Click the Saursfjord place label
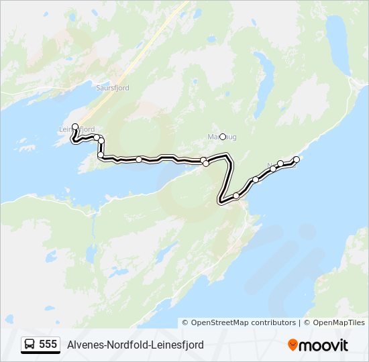click(x=113, y=88)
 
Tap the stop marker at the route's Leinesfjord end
click(x=75, y=126)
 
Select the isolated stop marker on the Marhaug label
click(x=223, y=137)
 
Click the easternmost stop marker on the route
click(x=297, y=160)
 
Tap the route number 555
click(x=48, y=345)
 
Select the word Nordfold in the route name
click(x=124, y=345)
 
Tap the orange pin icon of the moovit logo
click(x=293, y=345)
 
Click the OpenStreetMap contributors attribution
click(x=239, y=322)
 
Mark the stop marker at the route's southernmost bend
click(x=236, y=196)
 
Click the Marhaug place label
click(x=213, y=137)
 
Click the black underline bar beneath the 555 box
click(x=40, y=353)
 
